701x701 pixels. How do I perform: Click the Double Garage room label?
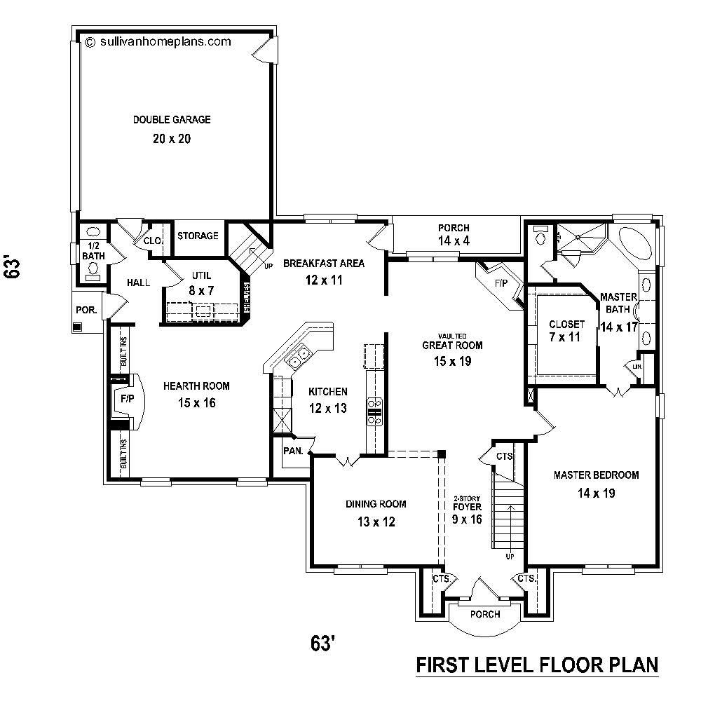(x=172, y=120)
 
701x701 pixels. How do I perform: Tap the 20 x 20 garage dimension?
(x=172, y=139)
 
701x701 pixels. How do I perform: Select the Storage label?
(x=197, y=236)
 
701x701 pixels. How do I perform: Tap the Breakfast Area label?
(x=323, y=264)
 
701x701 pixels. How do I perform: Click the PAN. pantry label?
(x=293, y=451)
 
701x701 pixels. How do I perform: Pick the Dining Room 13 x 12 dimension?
(x=376, y=522)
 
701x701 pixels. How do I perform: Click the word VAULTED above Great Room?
(x=454, y=336)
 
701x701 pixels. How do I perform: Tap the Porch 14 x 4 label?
(x=454, y=235)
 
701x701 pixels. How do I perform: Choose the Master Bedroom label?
(x=596, y=475)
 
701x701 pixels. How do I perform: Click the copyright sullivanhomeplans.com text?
(x=158, y=41)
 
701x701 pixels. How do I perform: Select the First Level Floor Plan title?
(x=537, y=663)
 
